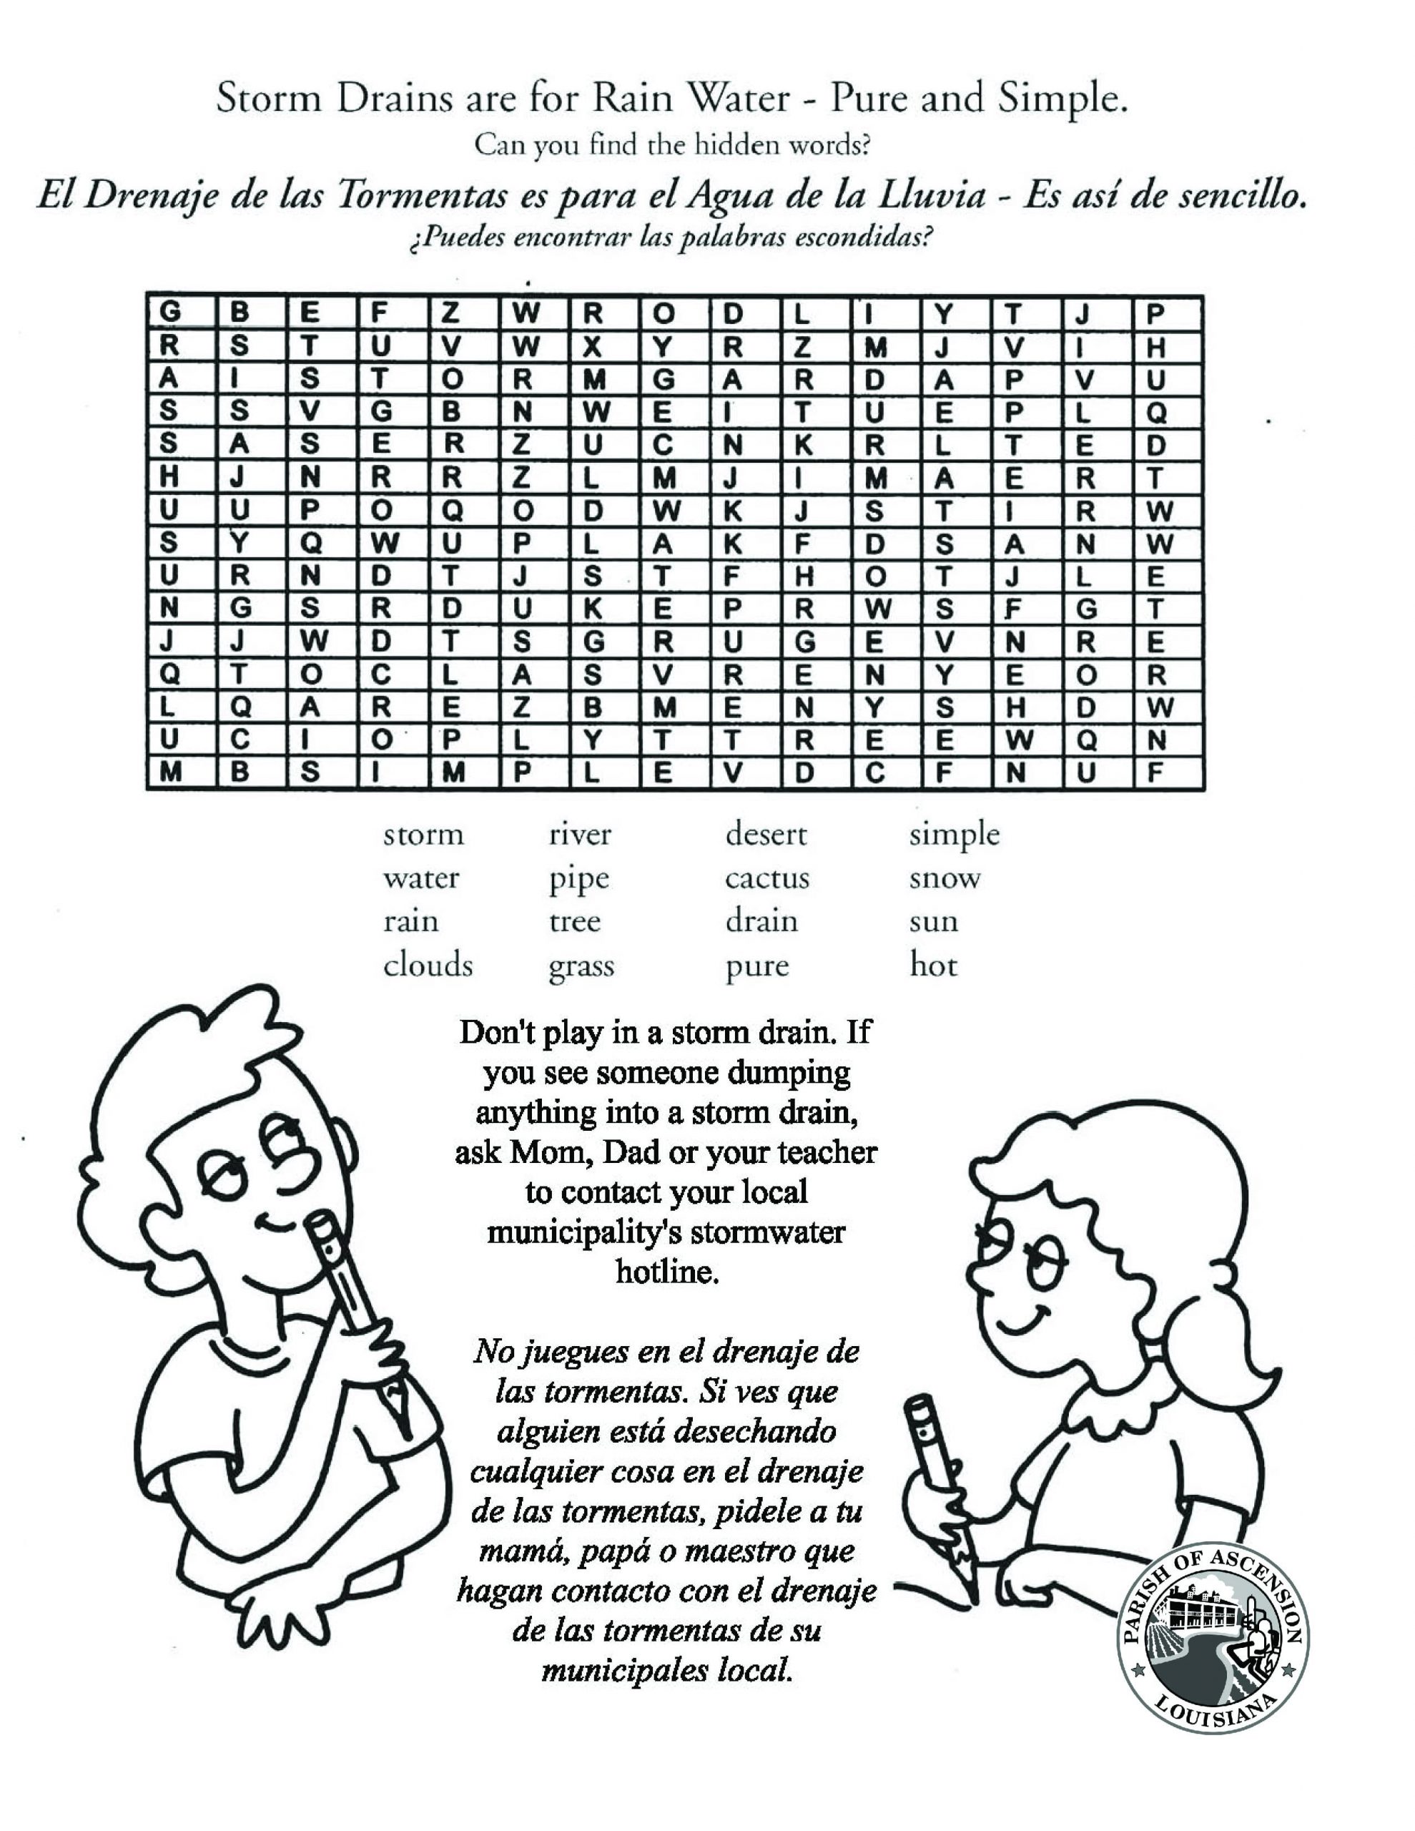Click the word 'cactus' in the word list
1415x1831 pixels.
coord(766,878)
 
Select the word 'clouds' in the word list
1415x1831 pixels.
coord(428,965)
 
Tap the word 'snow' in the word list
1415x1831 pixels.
coord(944,878)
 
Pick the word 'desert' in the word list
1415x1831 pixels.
coord(765,834)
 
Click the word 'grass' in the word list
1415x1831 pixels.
coord(581,967)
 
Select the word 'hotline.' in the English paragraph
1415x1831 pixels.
coord(666,1272)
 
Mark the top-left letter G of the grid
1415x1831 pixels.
coord(169,312)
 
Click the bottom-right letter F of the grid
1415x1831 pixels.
coord(1155,772)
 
